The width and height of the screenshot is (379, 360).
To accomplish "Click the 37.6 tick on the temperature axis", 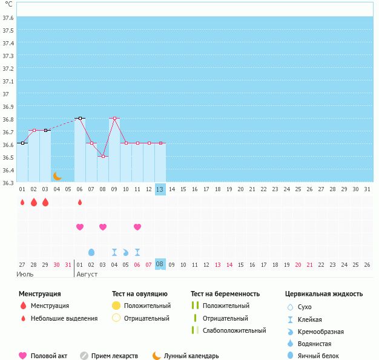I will (8, 18).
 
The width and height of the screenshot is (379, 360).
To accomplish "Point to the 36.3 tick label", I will (8, 183).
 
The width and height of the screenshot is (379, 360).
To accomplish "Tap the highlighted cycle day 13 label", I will (160, 189).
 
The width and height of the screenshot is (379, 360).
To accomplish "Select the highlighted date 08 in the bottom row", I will (160, 264).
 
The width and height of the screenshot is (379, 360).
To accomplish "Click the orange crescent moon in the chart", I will (58, 176).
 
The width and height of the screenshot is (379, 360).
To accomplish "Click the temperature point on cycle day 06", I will (80, 119).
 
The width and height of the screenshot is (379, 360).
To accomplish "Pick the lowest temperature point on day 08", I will (103, 157).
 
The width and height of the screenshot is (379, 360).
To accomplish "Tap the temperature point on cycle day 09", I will (114, 119).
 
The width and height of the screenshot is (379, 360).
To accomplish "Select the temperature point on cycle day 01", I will (22, 143).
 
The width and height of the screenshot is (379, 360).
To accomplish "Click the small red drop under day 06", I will (80, 202).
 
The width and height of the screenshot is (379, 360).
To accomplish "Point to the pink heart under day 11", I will (137, 227).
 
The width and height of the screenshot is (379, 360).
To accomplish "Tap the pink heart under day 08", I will (103, 227).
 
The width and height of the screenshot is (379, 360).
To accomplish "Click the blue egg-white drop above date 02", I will (91, 252).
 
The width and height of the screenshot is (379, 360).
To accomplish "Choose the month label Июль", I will (25, 274).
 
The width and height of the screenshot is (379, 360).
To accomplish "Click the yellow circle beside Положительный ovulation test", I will (116, 306).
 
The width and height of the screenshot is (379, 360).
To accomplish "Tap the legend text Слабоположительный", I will (234, 330).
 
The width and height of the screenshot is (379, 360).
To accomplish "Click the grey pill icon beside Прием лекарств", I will (84, 356).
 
